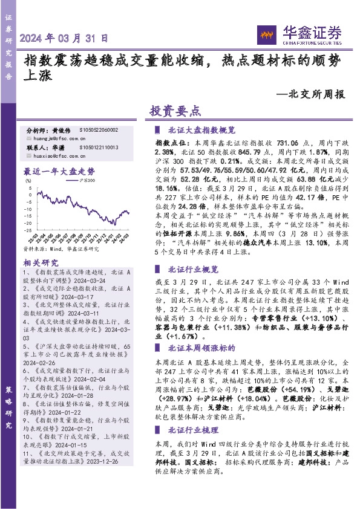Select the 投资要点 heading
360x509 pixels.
tap(174, 112)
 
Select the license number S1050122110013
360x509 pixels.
tap(99, 148)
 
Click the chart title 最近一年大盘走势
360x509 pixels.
tap(59, 171)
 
